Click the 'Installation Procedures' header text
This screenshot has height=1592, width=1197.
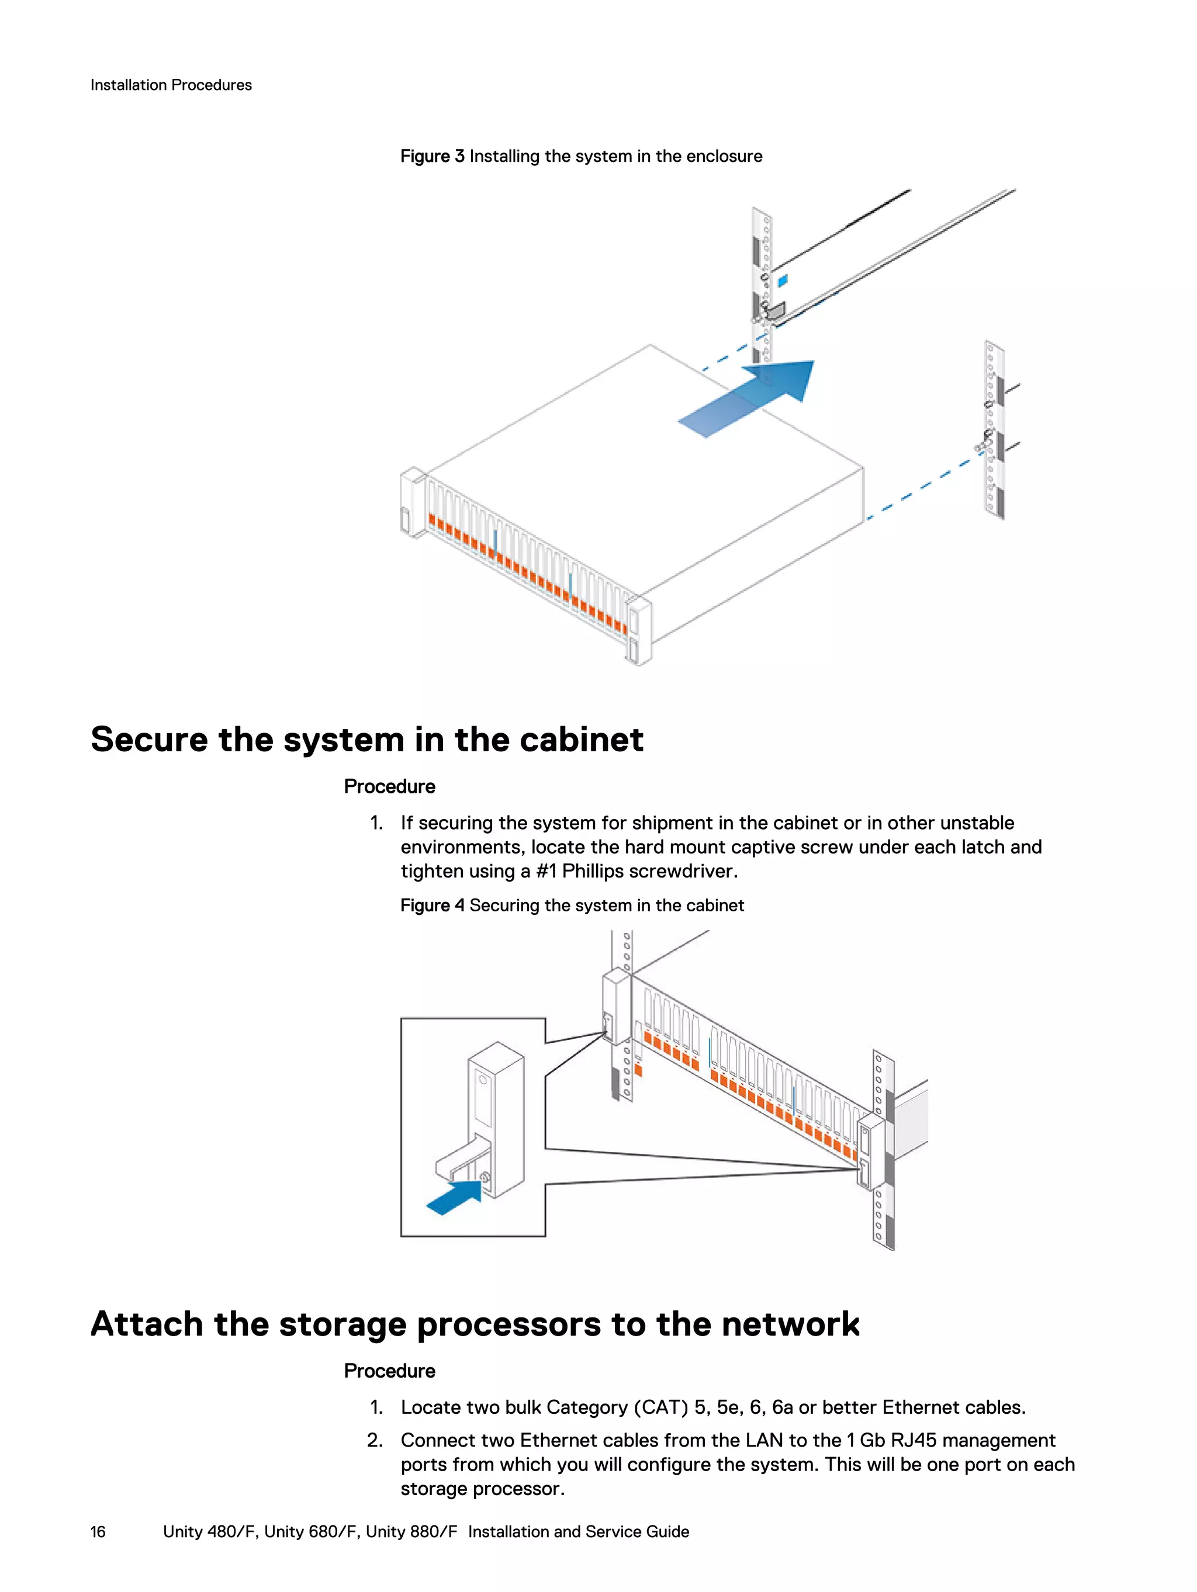pyautogui.click(x=171, y=85)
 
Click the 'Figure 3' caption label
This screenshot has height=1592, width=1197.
pyautogui.click(x=432, y=156)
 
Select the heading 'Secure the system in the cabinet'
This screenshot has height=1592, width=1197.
pyautogui.click(x=366, y=739)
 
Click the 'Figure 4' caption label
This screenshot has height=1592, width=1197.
pyautogui.click(x=432, y=906)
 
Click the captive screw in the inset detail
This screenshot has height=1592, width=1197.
pyautogui.click(x=485, y=1178)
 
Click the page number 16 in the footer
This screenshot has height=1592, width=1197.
pyautogui.click(x=98, y=1532)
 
